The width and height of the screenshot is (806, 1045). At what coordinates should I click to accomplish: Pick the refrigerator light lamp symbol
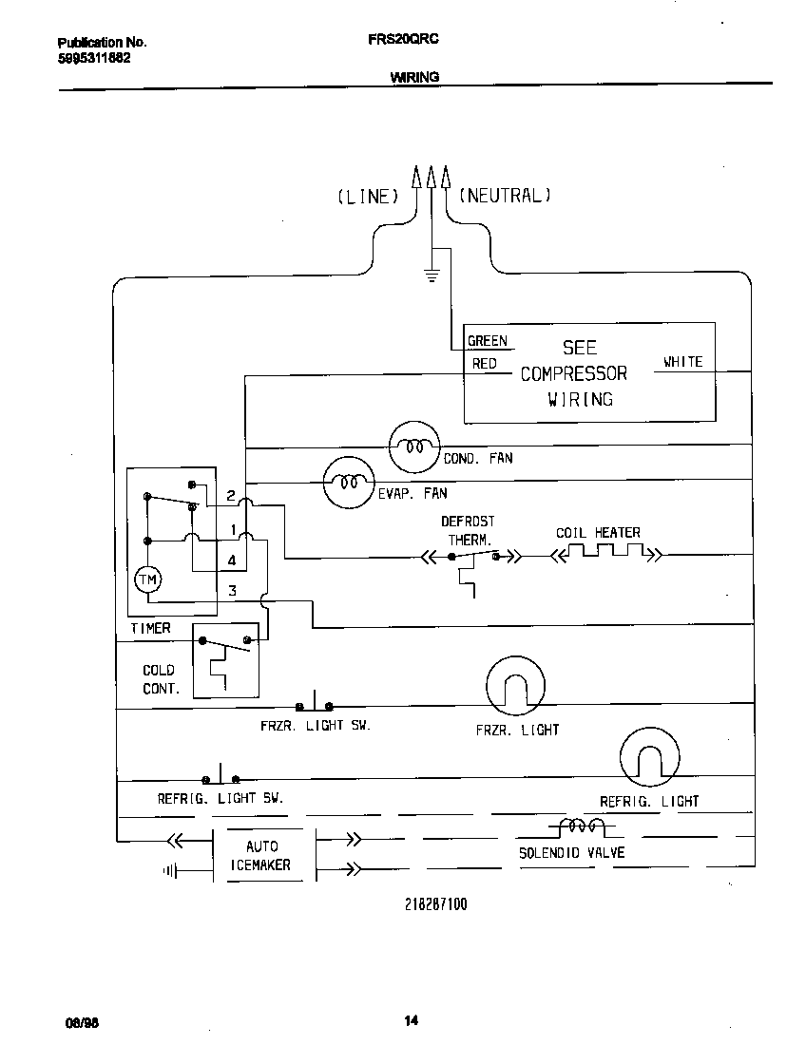point(650,757)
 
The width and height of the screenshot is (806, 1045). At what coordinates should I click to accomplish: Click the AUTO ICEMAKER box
point(262,855)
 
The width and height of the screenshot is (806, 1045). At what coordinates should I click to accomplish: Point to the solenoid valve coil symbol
point(580,826)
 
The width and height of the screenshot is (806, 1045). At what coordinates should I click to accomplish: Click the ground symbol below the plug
point(432,276)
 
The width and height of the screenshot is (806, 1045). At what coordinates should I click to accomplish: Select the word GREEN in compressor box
point(487,341)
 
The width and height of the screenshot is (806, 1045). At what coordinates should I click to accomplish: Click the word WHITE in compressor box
point(682,362)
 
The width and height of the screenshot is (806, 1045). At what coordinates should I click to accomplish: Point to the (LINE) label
point(367,197)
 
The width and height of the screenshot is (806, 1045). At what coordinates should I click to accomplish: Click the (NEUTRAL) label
point(505,196)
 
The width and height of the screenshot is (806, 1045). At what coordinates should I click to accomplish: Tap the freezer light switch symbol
point(314,705)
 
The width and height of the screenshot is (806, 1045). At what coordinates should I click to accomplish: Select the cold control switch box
point(225,662)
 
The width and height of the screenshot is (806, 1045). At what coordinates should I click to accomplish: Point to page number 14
point(410,1021)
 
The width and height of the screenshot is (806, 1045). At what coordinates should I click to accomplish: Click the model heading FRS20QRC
point(402,41)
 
